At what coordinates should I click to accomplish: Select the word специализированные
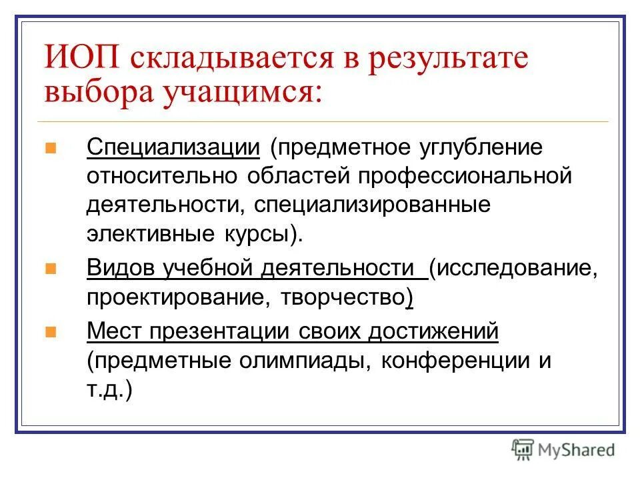(371, 205)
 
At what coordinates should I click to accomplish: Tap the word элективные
(147, 233)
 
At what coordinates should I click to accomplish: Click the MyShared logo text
(575, 449)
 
